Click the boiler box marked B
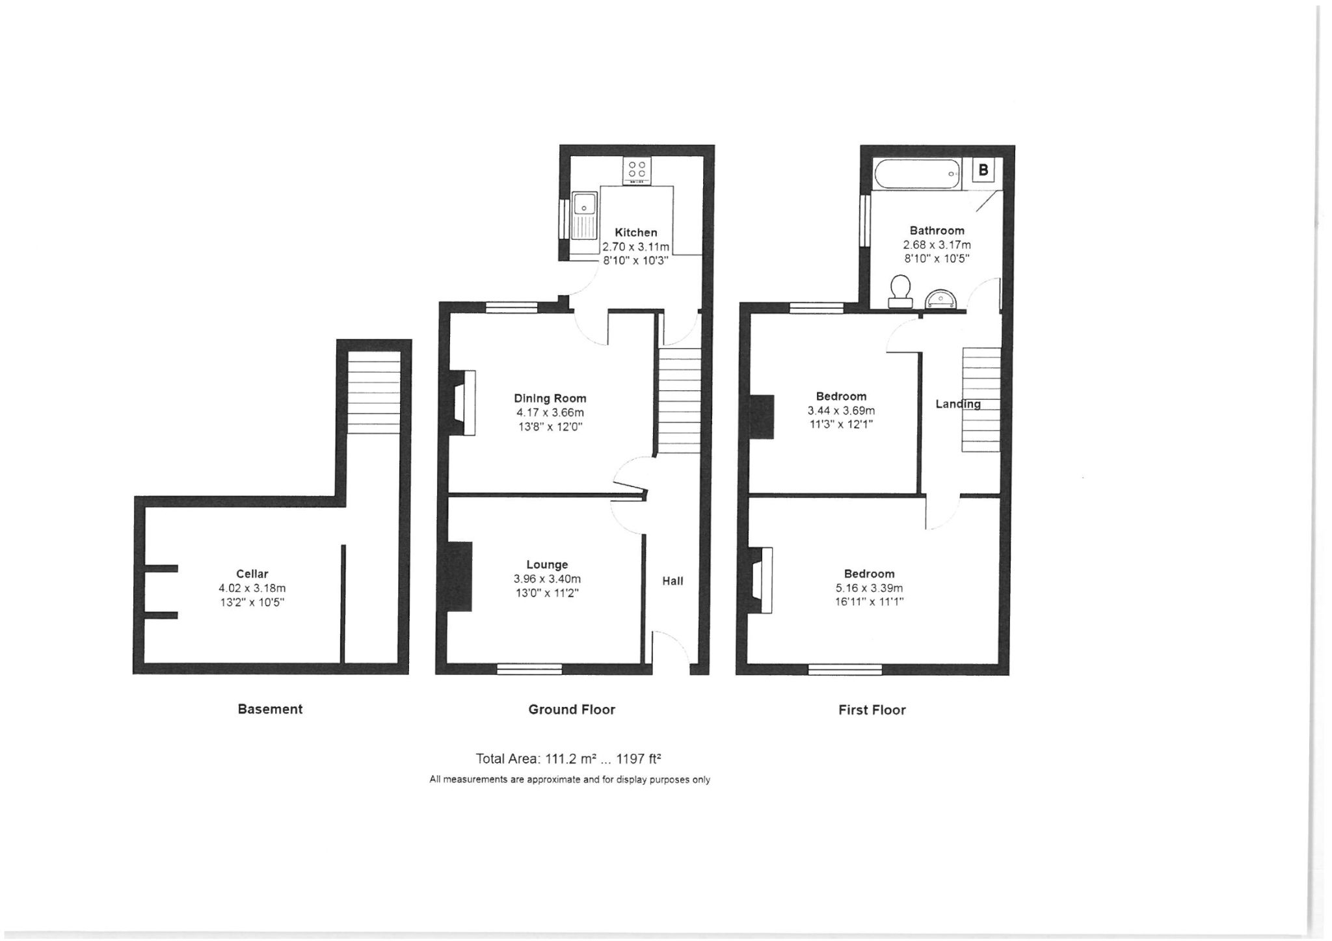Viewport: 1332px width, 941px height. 983,170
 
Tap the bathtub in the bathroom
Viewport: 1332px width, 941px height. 918,174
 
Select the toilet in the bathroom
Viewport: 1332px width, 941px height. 900,291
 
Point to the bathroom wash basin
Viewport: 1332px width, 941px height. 940,300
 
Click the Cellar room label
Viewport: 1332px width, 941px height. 252,574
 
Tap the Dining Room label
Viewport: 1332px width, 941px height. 550,398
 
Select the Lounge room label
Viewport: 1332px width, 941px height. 547,564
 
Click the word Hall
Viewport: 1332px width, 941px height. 673,581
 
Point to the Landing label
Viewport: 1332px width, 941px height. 958,404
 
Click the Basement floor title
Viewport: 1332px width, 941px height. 270,709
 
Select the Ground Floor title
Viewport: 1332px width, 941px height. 572,709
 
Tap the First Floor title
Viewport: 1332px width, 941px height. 872,710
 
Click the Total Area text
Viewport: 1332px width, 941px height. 569,758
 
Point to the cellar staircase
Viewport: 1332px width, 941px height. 373,393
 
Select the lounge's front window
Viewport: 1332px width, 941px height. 529,669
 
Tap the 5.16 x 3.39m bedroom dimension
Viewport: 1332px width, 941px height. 869,588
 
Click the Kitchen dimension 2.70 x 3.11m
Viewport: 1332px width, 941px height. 635,246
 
